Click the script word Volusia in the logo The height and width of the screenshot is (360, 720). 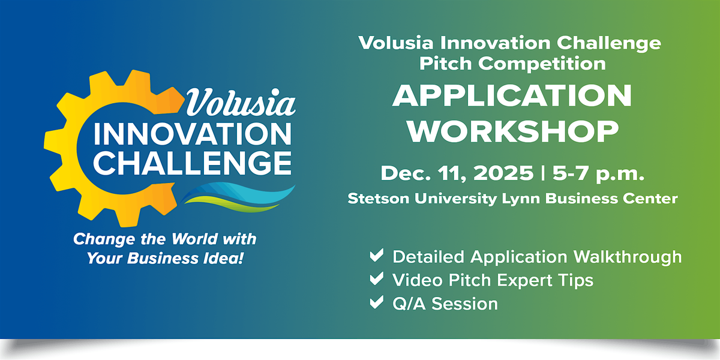point(241,103)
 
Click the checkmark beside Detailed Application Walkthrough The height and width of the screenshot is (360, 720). point(377,256)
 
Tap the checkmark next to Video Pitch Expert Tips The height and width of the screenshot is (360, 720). point(377,279)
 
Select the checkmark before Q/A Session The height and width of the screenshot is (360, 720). point(377,302)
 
